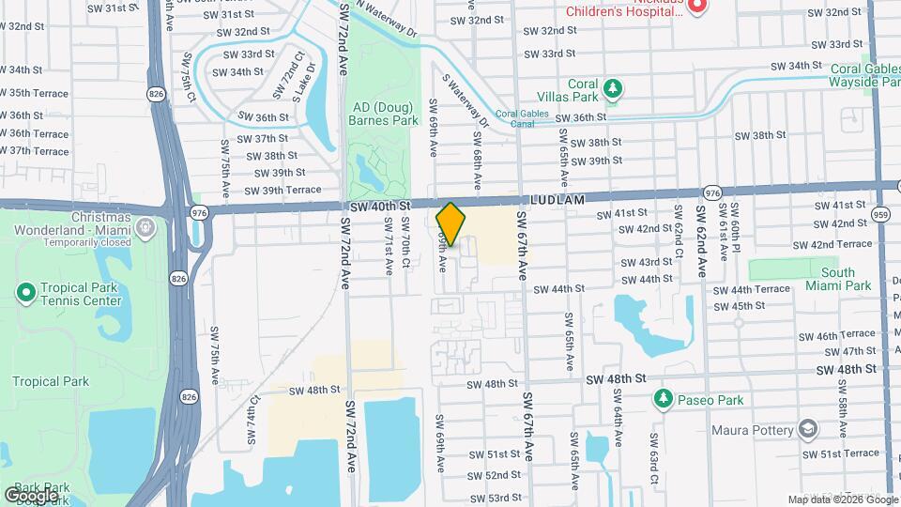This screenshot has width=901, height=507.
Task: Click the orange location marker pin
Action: point(451,224)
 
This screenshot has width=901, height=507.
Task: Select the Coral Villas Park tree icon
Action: point(613,88)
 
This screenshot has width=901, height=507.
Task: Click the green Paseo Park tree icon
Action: point(664,399)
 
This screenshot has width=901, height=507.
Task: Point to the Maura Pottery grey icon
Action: point(807,430)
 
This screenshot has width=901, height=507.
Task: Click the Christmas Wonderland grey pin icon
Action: point(145,227)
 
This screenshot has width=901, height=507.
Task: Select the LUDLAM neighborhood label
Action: point(557,200)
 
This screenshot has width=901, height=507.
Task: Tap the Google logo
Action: point(30,495)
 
